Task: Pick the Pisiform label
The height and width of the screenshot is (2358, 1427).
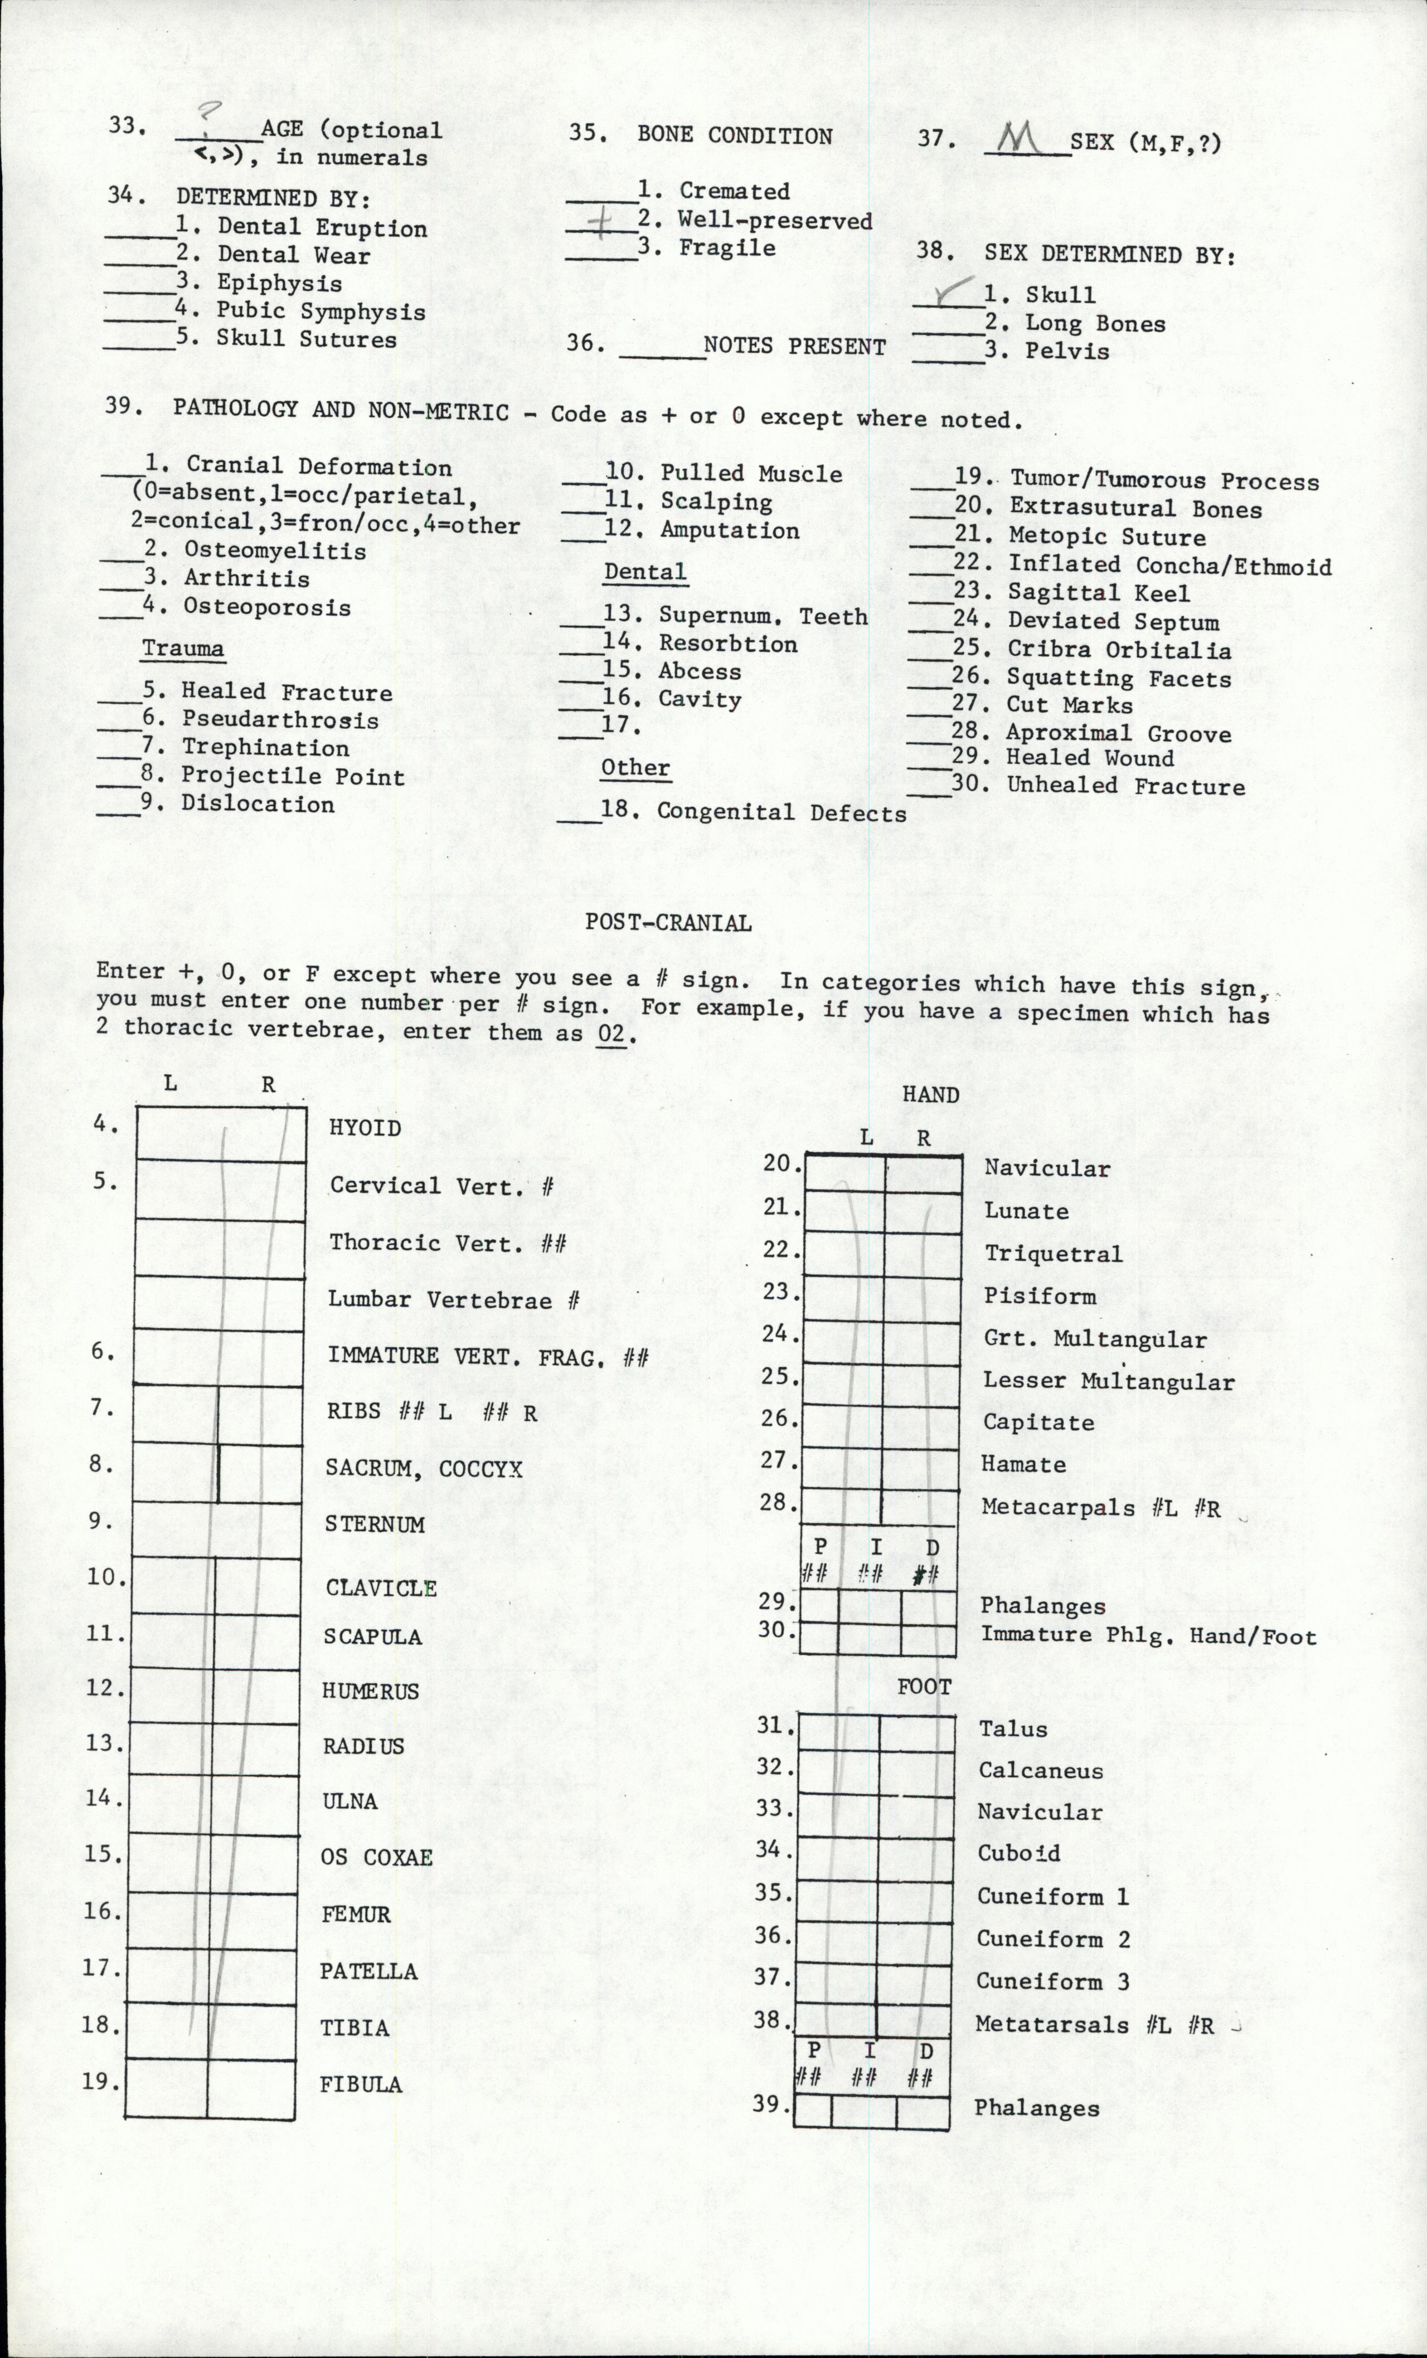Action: pyautogui.click(x=1040, y=1297)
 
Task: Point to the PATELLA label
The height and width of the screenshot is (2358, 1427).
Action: pyautogui.click(x=368, y=1971)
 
